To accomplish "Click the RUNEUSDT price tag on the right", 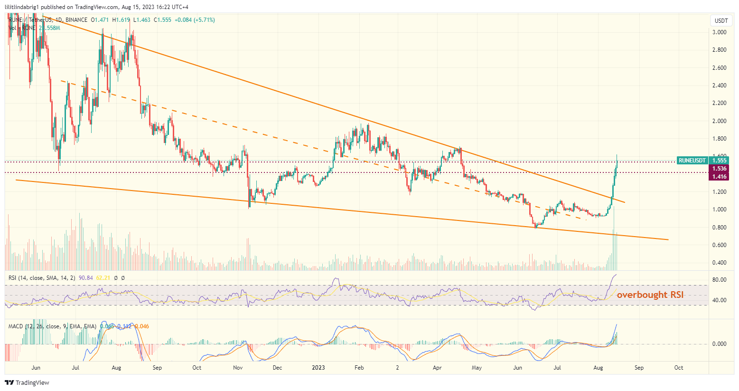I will [x=692, y=161].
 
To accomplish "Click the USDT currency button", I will [x=721, y=21].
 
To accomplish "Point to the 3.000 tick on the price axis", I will [x=720, y=32].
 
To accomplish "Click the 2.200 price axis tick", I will [x=720, y=103].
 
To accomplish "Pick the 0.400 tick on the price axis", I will [x=720, y=263].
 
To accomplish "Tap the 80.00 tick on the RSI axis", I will [x=720, y=280].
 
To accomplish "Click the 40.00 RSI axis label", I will [x=720, y=300].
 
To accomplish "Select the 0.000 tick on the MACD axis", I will [x=720, y=344].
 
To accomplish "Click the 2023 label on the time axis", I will [x=318, y=368].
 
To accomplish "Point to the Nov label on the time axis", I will [x=238, y=368].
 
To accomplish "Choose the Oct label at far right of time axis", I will [x=679, y=368].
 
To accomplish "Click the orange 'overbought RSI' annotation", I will [x=650, y=295].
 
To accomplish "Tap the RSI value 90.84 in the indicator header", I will [x=86, y=278].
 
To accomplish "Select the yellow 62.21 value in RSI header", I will [x=103, y=278].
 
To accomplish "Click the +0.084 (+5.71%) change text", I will [x=195, y=20].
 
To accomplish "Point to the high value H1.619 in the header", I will [x=121, y=20].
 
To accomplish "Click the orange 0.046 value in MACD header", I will [x=141, y=326].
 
